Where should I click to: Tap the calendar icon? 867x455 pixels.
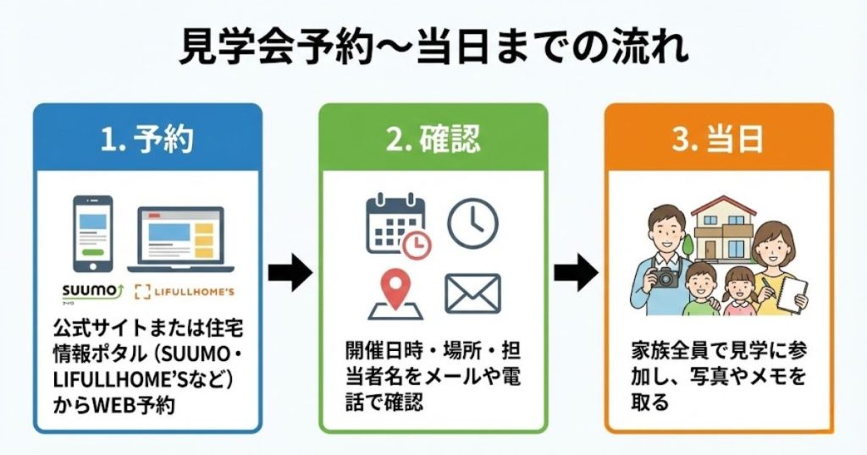(394, 222)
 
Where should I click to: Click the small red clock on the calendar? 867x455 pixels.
(417, 244)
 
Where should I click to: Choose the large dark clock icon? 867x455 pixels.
(472, 223)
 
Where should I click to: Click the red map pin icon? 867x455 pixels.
(394, 290)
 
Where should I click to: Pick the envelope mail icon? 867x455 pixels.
(472, 293)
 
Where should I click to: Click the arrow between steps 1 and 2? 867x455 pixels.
(290, 273)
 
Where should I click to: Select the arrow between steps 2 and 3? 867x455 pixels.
(575, 273)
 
